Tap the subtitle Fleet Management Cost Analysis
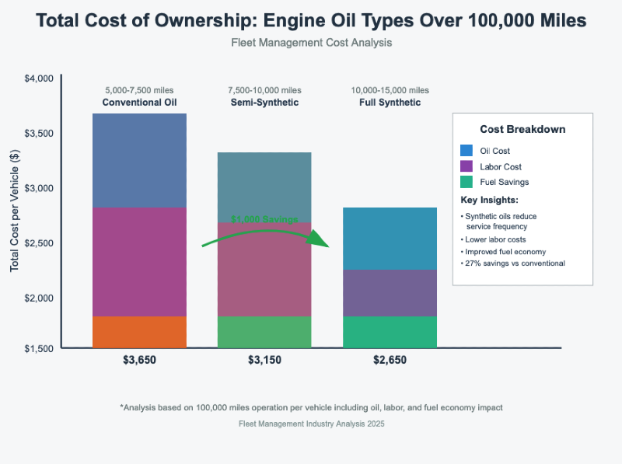point(311,43)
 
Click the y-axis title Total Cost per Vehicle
point(15,209)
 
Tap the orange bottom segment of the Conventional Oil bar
point(139,332)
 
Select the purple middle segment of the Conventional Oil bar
point(139,262)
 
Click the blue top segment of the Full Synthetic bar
point(390,239)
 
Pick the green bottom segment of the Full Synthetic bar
point(390,332)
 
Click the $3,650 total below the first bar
point(139,360)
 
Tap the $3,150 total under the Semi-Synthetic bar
point(264,360)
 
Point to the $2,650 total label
point(390,360)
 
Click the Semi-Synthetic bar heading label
point(264,103)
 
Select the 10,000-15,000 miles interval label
point(390,91)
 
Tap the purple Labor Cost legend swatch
point(466,166)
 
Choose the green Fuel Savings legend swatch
point(466,182)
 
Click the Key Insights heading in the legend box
point(489,201)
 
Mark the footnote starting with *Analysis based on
point(311,407)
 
